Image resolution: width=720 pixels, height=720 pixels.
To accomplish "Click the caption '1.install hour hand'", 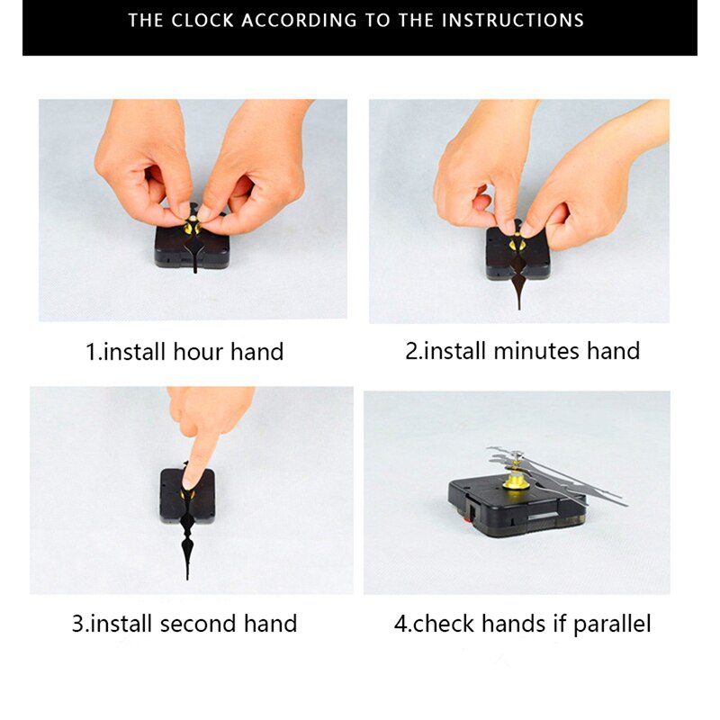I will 184,351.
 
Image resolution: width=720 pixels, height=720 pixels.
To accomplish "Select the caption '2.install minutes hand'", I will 522,350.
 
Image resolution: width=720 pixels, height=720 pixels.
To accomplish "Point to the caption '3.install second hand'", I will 184,622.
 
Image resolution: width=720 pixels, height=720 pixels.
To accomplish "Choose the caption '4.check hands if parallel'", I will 522,623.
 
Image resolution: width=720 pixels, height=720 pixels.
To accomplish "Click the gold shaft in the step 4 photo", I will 514,481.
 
